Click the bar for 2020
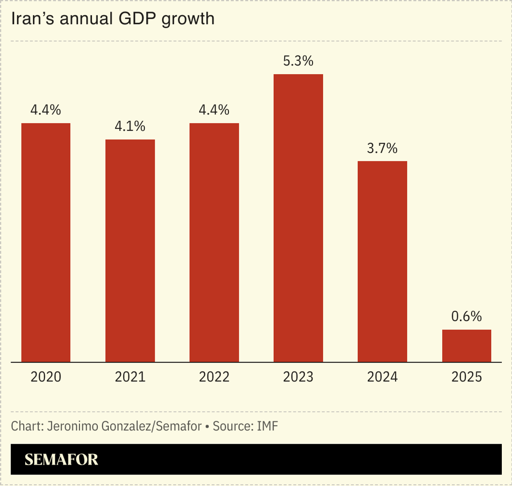46,242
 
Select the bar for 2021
130,251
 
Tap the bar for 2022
214,242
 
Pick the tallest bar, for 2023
298,218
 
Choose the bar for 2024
382,261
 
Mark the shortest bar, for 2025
466,346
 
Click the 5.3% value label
298,61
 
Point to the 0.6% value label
466,316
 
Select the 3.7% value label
382,148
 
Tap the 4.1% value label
130,127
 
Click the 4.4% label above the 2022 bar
214,110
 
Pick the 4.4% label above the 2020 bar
46,110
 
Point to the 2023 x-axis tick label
298,377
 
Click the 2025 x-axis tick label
466,377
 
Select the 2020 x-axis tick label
46,377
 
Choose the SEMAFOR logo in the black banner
61,459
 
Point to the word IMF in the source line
267,426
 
